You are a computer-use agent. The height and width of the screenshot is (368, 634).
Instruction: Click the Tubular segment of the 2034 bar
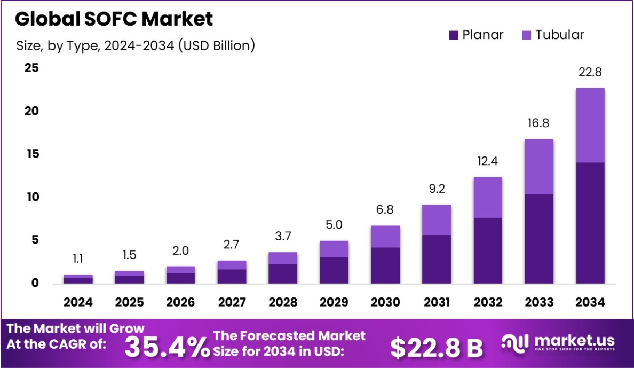tap(590, 126)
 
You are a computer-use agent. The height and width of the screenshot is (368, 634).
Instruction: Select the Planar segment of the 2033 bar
tap(538, 239)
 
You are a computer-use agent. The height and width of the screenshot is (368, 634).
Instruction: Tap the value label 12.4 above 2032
tap(488, 161)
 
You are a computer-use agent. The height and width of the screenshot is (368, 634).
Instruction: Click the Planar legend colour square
tap(454, 35)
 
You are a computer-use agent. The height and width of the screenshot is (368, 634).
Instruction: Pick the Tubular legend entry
tap(553, 35)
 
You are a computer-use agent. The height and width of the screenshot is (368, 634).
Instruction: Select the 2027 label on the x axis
tap(232, 302)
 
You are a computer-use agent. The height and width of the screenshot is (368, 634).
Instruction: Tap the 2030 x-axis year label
tap(385, 302)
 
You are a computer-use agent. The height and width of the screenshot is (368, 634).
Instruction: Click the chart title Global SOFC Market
tap(114, 19)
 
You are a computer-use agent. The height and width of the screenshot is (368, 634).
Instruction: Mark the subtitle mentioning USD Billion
tap(136, 46)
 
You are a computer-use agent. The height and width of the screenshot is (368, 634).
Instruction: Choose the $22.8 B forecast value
tap(436, 348)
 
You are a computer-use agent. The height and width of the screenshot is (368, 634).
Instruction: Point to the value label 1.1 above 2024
tap(78, 259)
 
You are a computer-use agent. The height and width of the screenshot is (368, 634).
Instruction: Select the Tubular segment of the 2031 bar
tap(436, 220)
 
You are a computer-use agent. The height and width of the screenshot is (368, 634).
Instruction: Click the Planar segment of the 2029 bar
tap(334, 270)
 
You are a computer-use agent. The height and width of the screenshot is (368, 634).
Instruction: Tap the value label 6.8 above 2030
tap(385, 210)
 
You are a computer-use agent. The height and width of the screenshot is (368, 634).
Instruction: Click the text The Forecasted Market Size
tap(290, 343)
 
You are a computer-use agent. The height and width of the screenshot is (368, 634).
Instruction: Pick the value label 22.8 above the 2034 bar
tap(590, 72)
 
